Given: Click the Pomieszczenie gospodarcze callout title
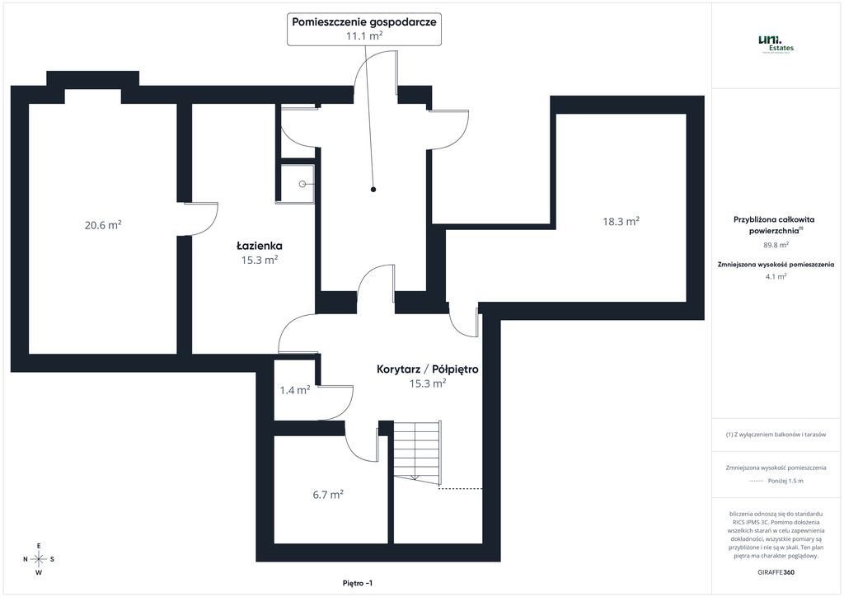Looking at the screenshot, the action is pyautogui.click(x=363, y=22).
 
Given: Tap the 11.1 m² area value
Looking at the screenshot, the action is pyautogui.click(x=363, y=36).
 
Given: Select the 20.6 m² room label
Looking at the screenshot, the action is pyautogui.click(x=103, y=224).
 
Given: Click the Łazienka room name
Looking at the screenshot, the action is pyautogui.click(x=260, y=246).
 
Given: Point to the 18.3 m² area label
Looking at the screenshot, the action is pyautogui.click(x=621, y=221).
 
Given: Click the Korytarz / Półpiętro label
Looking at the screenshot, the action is pyautogui.click(x=428, y=369).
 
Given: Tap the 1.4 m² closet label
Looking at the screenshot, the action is pyautogui.click(x=295, y=390).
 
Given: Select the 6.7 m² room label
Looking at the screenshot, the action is pyautogui.click(x=328, y=494).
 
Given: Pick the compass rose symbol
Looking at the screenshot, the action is pyautogui.click(x=39, y=559).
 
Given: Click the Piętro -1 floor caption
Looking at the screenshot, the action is pyautogui.click(x=358, y=583).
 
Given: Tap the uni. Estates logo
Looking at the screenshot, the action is pyautogui.click(x=776, y=44).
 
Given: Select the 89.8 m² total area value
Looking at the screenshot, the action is pyautogui.click(x=776, y=244).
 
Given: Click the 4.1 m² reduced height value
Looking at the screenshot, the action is pyautogui.click(x=776, y=276).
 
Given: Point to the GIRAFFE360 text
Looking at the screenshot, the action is pyautogui.click(x=776, y=572).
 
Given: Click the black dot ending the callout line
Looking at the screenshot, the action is pyautogui.click(x=373, y=190).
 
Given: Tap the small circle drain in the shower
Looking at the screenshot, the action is pyautogui.click(x=302, y=184).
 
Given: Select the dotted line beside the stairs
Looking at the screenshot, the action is pyautogui.click(x=461, y=488).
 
